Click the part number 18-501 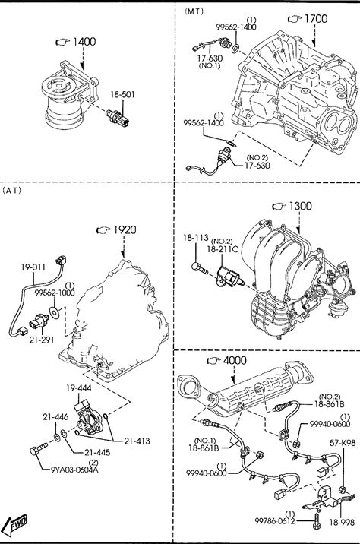(x=122, y=94)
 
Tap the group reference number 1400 (x=84, y=42)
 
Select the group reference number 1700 (x=316, y=19)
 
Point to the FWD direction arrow (x=16, y=523)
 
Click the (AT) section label (x=12, y=190)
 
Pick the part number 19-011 (x=33, y=267)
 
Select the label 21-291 (x=42, y=340)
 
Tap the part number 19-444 (x=79, y=388)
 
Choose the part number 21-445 (x=97, y=452)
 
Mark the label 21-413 (x=137, y=441)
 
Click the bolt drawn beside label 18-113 (x=199, y=267)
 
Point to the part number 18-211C (x=223, y=249)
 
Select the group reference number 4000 (x=235, y=360)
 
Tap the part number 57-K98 (x=343, y=443)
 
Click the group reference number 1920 (x=125, y=230)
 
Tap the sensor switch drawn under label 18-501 (x=118, y=118)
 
